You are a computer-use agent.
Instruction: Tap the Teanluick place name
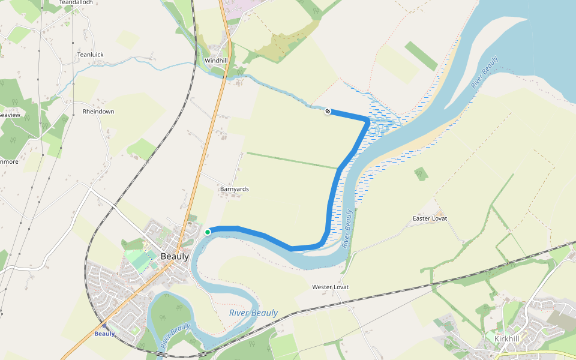pyautogui.click(x=90, y=55)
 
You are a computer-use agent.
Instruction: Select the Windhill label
pyautogui.click(x=216, y=61)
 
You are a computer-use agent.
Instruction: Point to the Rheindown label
pyautogui.click(x=98, y=112)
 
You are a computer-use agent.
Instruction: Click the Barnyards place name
pyautogui.click(x=234, y=189)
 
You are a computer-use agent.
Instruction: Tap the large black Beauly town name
pyautogui.click(x=175, y=256)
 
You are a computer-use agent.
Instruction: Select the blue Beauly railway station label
pyautogui.click(x=104, y=334)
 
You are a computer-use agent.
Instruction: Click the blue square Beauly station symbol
pyautogui.click(x=105, y=326)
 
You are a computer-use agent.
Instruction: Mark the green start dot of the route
pyautogui.click(x=208, y=232)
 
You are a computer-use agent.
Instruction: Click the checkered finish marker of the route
pyautogui.click(x=328, y=111)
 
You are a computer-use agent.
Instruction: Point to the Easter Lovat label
pyautogui.click(x=430, y=218)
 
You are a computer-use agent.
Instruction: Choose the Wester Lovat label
pyautogui.click(x=330, y=287)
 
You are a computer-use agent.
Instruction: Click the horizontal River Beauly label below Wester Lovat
pyautogui.click(x=253, y=313)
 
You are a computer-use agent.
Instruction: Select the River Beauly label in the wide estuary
pyautogui.click(x=485, y=73)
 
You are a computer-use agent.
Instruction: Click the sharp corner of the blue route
pyautogui.click(x=367, y=121)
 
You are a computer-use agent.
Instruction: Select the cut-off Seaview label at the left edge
pyautogui.click(x=10, y=115)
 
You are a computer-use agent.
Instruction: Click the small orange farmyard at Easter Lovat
pyautogui.click(x=439, y=212)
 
